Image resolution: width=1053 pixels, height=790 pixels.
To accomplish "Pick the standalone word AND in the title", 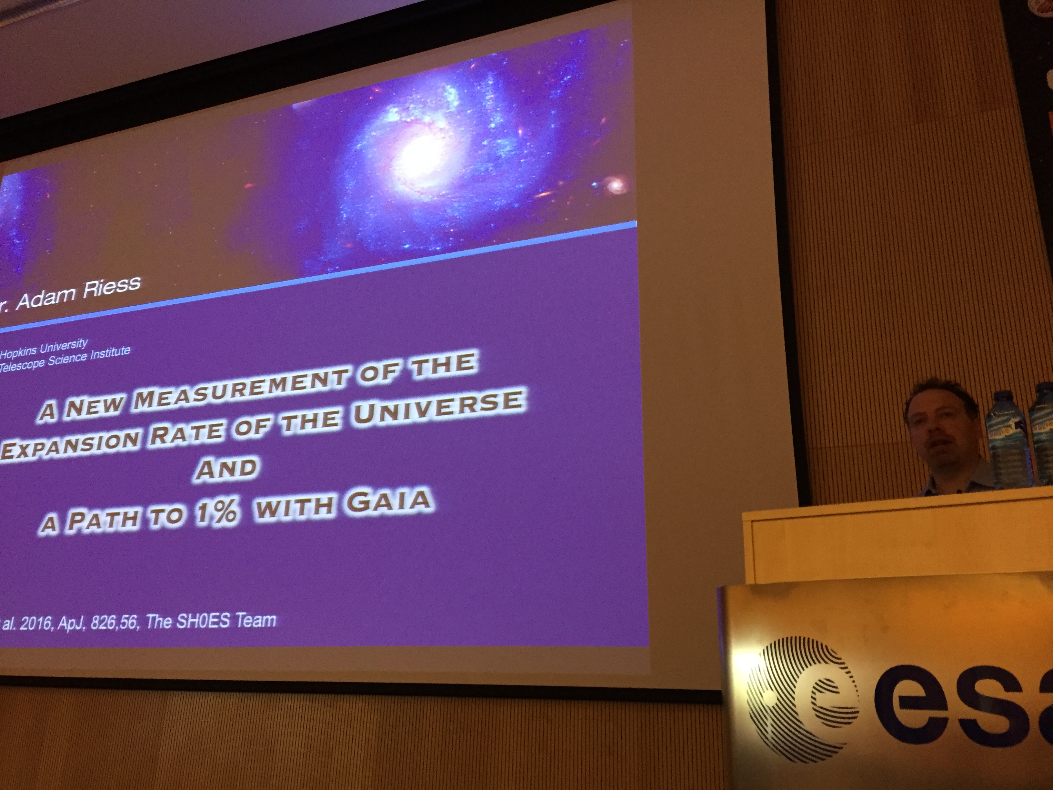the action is coord(226,468).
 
